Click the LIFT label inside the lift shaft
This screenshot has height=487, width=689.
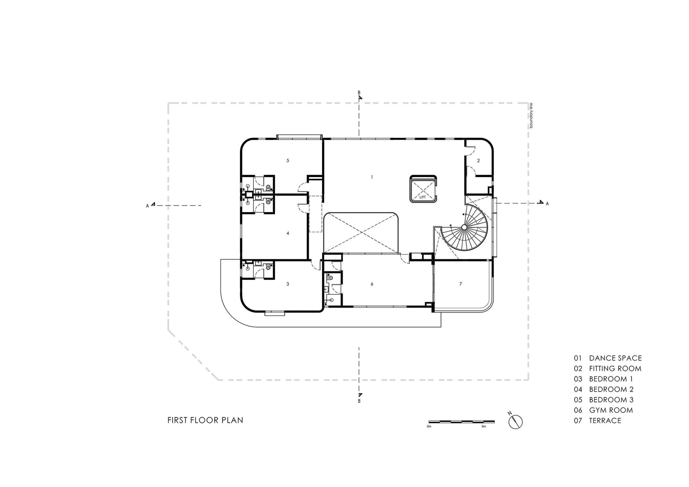pyautogui.click(x=422, y=197)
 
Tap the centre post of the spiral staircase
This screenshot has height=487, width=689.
pyautogui.click(x=464, y=228)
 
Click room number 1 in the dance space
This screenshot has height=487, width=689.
pyautogui.click(x=372, y=177)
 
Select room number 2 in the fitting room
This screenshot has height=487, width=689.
pyautogui.click(x=478, y=160)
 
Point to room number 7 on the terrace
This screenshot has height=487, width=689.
pyautogui.click(x=461, y=284)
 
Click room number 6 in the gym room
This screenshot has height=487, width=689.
pyautogui.click(x=372, y=284)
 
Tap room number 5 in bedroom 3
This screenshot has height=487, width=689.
pyautogui.click(x=287, y=160)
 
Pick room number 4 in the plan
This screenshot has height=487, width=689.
pyautogui.click(x=287, y=233)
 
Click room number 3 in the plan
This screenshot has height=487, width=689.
pyautogui.click(x=287, y=284)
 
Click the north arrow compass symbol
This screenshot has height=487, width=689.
pyautogui.click(x=515, y=422)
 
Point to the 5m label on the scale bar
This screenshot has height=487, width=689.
pyautogui.click(x=483, y=426)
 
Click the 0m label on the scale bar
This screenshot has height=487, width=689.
pyautogui.click(x=429, y=426)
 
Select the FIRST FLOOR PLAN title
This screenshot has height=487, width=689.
pyautogui.click(x=205, y=420)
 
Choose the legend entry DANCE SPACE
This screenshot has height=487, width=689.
pyautogui.click(x=615, y=358)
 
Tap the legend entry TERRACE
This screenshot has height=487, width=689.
pyautogui.click(x=605, y=420)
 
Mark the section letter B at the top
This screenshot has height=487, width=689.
pyautogui.click(x=359, y=93)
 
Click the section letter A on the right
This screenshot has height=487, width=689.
pyautogui.click(x=547, y=204)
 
